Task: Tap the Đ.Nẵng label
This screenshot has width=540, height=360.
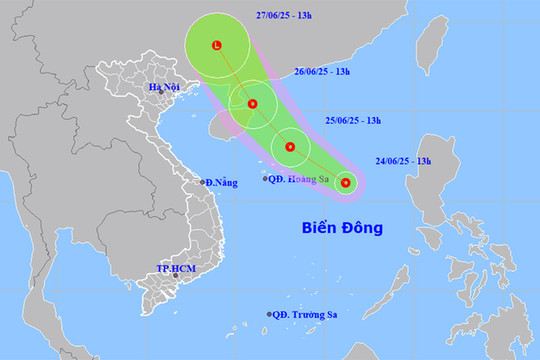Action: pos(219,182)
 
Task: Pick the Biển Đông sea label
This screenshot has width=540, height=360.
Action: pos(343,228)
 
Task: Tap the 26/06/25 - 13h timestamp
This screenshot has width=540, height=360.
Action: pos(337,72)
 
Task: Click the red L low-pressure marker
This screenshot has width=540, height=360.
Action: pos(217,45)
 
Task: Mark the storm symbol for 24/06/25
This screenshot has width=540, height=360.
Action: pos(345,182)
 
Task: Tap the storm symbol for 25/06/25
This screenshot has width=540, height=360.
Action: pos(289,148)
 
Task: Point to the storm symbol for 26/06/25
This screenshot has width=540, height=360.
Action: pos(252,103)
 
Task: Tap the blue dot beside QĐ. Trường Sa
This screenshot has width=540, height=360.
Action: pos(269,314)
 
